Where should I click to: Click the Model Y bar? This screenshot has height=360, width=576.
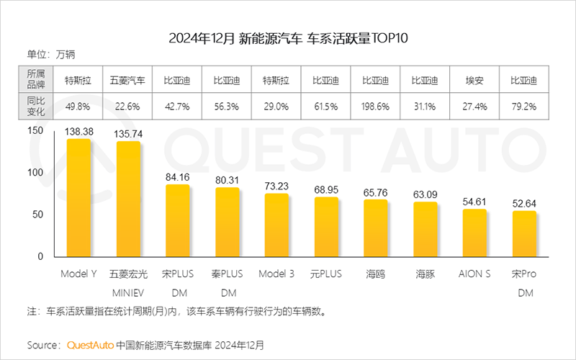[79, 198]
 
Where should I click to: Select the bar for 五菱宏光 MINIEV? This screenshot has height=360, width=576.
[129, 199]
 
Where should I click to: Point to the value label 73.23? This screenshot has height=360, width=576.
[276, 186]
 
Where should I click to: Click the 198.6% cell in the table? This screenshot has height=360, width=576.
[375, 107]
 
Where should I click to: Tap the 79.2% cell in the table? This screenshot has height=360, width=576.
[524, 107]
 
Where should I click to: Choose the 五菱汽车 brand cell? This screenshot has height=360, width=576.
[128, 80]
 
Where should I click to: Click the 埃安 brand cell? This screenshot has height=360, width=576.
[474, 80]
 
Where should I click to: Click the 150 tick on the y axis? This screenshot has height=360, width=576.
[35, 131]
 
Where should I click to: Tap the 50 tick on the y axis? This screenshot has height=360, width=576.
[38, 215]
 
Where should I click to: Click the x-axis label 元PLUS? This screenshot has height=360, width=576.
[326, 274]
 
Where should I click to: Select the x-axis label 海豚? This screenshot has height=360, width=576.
[425, 274]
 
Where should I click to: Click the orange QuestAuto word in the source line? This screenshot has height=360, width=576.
[90, 345]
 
